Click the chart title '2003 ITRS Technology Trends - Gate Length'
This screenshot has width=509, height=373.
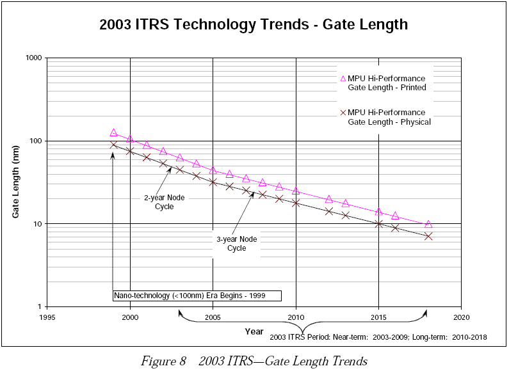point(254,25)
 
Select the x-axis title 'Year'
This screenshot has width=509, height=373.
point(254,331)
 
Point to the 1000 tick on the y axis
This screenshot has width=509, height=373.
point(33,58)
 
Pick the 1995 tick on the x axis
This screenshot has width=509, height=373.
point(47,317)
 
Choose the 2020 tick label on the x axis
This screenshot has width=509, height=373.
point(461,317)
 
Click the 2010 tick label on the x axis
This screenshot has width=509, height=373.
point(296,317)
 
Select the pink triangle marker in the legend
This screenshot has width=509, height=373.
point(343,79)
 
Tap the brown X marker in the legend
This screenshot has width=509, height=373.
point(343,113)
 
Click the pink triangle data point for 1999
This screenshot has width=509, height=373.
point(113,132)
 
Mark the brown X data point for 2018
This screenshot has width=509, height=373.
point(428,236)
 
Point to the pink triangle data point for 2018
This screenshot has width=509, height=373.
point(428,224)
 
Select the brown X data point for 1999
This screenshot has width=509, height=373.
point(113,145)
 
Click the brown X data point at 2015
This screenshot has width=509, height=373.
point(378,224)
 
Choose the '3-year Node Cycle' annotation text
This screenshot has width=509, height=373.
point(237,243)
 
